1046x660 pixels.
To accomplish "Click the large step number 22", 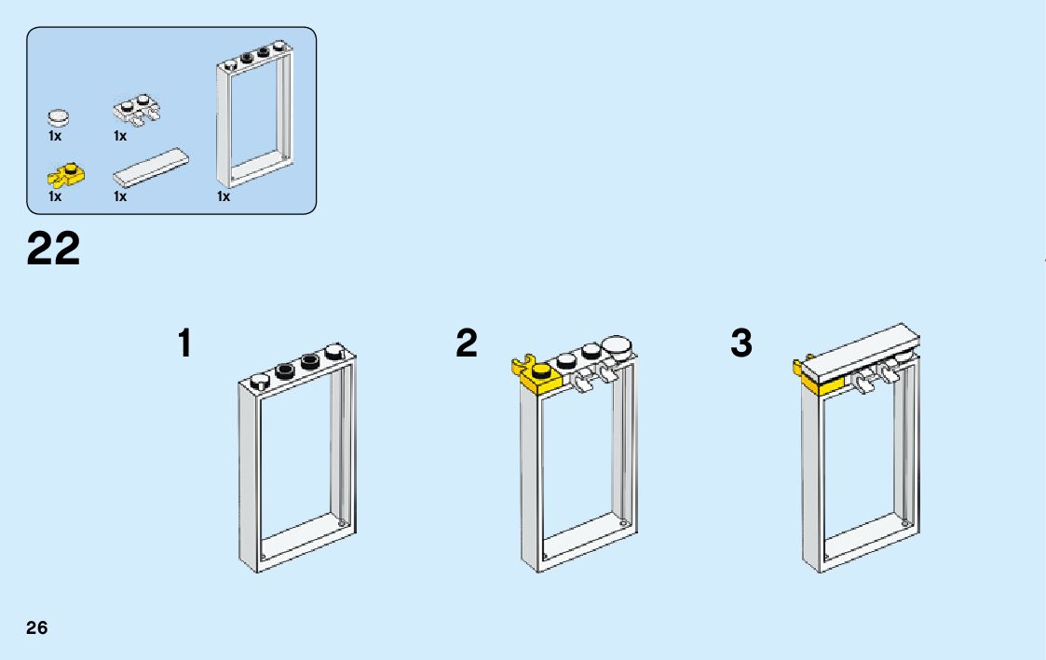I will (54, 249).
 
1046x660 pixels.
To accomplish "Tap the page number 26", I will (37, 627).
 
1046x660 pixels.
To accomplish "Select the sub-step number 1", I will (185, 343).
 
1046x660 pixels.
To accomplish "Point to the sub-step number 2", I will (467, 343).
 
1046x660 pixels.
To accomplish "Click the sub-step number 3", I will (740, 343).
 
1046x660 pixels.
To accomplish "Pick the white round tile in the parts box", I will (59, 117).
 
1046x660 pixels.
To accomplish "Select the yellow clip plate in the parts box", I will (66, 173).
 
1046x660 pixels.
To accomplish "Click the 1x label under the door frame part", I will (224, 196).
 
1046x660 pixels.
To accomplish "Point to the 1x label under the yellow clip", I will (55, 196).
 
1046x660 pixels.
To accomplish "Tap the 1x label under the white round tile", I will (55, 136).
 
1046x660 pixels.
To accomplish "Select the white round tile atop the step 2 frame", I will (616, 346).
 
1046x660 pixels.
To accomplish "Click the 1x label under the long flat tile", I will (120, 196).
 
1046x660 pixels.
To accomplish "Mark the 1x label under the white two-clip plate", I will (120, 136).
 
